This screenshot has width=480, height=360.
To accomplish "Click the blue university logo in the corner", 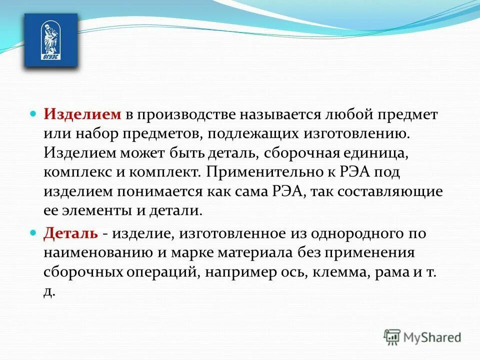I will coord(51,40).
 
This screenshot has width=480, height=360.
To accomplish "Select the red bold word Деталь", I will coord(70,233).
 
